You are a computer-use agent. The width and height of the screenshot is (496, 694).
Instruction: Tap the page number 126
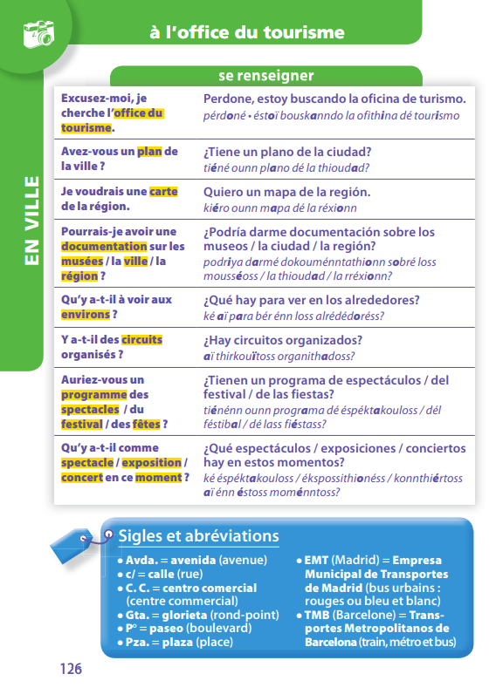(x=71, y=669)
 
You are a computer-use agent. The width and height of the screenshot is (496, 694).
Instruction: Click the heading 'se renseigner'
(x=265, y=76)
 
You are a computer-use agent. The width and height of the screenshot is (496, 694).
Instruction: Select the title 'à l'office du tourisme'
(x=246, y=34)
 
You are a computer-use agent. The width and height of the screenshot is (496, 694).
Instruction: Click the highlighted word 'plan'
(x=149, y=152)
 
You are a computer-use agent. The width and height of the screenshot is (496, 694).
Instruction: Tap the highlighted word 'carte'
(x=163, y=192)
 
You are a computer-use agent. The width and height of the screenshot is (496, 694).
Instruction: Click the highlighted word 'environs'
(x=86, y=314)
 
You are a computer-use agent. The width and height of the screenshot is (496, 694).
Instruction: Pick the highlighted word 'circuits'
(x=141, y=340)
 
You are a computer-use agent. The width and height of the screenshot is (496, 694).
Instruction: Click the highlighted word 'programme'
(x=94, y=395)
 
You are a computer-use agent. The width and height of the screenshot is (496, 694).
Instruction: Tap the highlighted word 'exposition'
(x=152, y=463)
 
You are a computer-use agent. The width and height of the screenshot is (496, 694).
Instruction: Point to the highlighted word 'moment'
(x=159, y=478)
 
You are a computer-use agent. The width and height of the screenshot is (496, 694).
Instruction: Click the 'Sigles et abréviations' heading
(x=198, y=535)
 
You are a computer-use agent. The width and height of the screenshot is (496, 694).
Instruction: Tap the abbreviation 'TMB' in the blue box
(x=320, y=615)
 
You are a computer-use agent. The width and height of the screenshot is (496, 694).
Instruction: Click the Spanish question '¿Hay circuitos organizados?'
(x=283, y=340)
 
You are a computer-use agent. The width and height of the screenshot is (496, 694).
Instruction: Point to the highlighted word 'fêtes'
(x=146, y=425)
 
